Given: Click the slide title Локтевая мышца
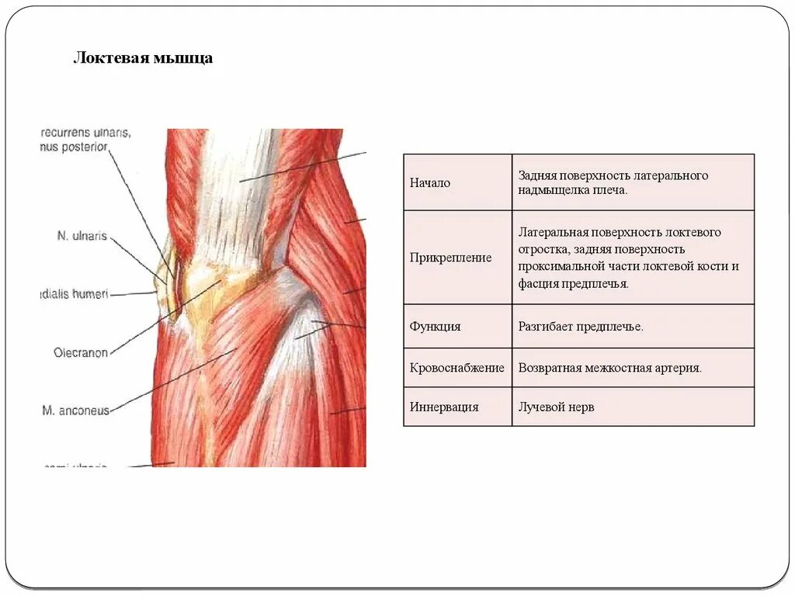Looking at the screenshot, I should (143, 59).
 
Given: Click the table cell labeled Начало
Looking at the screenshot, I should (430, 183).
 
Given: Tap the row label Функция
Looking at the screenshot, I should (435, 327).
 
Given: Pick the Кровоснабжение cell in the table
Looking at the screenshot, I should (457, 368).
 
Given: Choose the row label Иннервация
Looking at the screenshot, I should (444, 407).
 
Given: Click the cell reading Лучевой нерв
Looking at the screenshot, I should (556, 407).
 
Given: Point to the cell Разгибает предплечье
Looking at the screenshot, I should (581, 327).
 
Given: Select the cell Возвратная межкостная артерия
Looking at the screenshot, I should (609, 368).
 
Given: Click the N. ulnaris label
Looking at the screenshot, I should (82, 235).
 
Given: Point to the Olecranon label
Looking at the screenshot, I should (81, 353).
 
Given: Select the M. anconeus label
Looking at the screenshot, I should (76, 411).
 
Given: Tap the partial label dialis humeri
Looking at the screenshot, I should (75, 294).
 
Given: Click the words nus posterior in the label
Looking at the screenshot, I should (74, 147).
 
